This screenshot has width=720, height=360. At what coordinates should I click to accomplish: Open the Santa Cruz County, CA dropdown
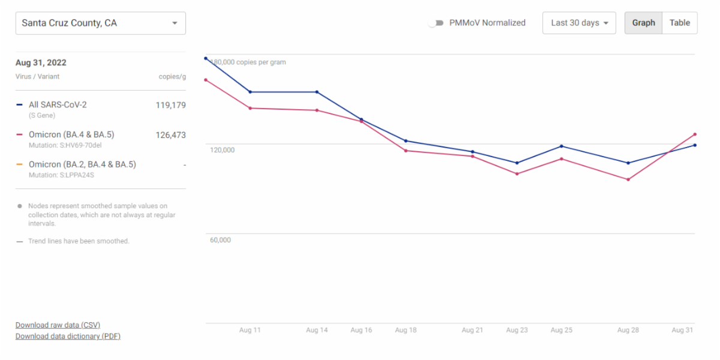(100, 23)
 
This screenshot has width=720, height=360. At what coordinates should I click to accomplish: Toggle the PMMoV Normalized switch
(436, 23)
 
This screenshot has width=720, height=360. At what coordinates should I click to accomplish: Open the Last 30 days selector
(579, 23)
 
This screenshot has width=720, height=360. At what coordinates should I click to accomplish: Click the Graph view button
(643, 23)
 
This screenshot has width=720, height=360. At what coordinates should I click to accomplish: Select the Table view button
(680, 23)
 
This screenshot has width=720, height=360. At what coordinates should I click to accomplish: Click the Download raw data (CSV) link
(58, 325)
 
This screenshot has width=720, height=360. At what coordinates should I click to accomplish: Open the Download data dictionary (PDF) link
(68, 337)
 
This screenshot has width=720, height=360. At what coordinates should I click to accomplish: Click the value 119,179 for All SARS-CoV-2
(170, 105)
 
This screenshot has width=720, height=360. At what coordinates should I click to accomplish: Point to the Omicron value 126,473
(170, 135)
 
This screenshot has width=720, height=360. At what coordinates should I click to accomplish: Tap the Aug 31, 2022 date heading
(41, 63)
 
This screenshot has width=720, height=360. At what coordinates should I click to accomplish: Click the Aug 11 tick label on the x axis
(250, 331)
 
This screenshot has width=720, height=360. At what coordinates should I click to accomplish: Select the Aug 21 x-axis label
(472, 331)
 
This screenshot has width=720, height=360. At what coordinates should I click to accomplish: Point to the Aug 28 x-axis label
(628, 331)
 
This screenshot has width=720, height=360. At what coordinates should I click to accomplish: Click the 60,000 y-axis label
(220, 240)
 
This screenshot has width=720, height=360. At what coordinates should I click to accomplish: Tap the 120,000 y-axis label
(222, 150)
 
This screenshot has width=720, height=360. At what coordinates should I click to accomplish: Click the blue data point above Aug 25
(562, 146)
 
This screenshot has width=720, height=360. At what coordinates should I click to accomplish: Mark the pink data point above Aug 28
(628, 179)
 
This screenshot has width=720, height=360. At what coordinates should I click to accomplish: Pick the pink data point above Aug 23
(517, 174)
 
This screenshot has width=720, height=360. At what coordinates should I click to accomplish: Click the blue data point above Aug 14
(317, 92)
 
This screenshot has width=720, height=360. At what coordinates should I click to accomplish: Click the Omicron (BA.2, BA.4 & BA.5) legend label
(82, 164)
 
